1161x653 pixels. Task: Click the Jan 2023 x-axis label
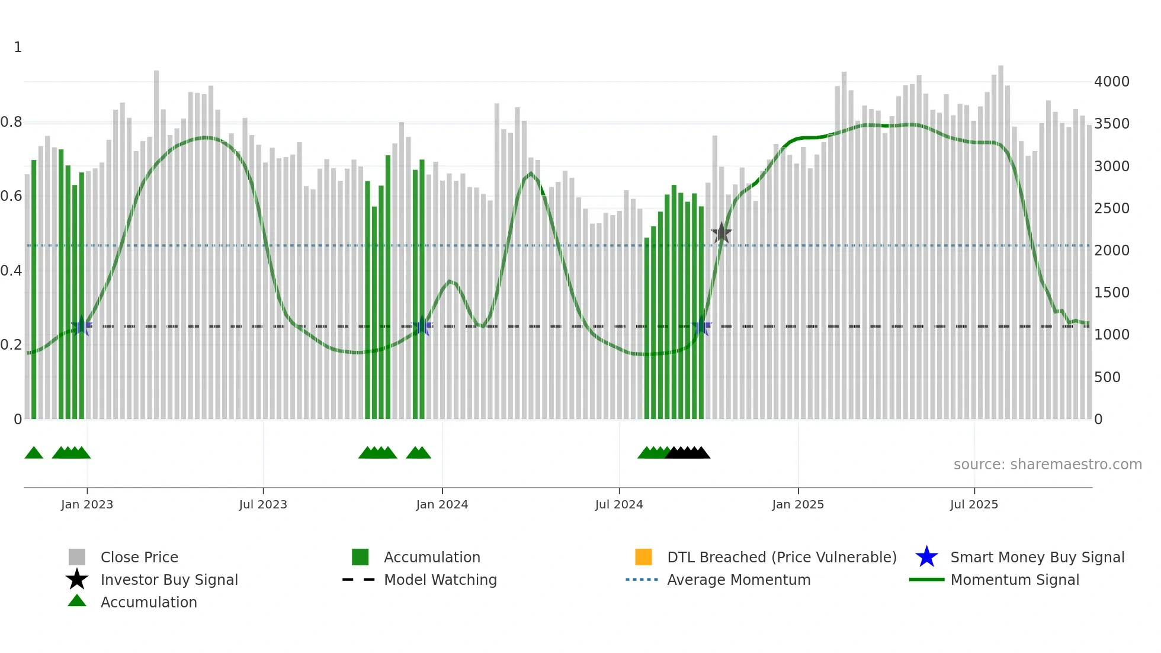[87, 504]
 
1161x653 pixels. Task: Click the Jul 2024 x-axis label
[619, 504]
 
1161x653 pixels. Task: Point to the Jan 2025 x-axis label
[798, 504]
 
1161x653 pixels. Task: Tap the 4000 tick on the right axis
[1111, 82]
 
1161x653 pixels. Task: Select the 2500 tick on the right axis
[1111, 209]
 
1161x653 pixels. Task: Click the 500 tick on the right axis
[1107, 377]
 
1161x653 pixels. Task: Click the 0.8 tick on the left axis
[11, 122]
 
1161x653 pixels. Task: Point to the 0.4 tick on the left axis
[11, 271]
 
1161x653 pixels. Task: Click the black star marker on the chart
[721, 233]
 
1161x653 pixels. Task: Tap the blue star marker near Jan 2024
[422, 326]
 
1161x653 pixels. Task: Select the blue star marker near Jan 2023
[82, 326]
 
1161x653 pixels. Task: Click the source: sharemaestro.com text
[1047, 465]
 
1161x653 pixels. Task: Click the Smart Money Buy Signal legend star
[926, 557]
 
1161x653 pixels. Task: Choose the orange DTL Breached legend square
[643, 557]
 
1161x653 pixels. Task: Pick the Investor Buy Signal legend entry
[169, 580]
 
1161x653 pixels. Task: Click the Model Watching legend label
[440, 580]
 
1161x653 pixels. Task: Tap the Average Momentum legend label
[739, 580]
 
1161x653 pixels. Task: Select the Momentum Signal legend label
[1015, 580]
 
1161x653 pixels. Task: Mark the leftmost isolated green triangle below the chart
[34, 453]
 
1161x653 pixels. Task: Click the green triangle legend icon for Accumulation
[77, 601]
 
